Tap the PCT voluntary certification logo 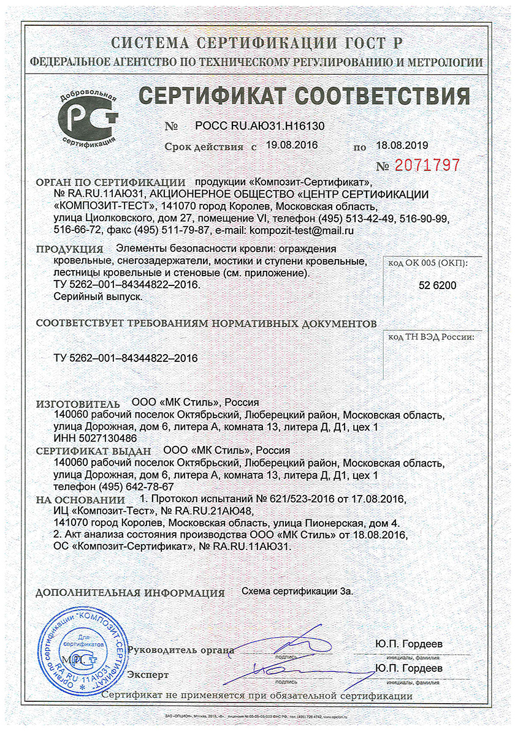coord(88,117)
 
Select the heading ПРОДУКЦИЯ coord(69,249)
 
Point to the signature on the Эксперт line coord(288,669)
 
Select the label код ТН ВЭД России coord(432,337)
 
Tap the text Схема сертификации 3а coord(298,592)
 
